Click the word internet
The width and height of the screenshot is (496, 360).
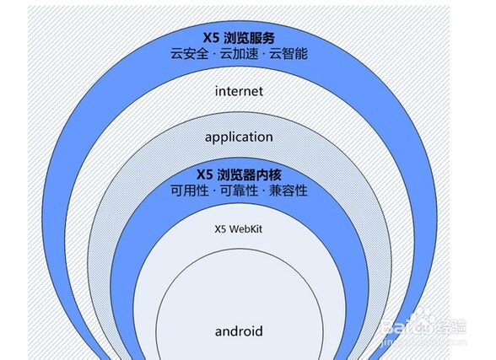tap(239, 91)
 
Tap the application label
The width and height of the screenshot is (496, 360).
tap(239, 137)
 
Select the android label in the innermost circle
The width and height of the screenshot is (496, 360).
tap(239, 331)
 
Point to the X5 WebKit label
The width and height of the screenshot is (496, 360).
tap(239, 228)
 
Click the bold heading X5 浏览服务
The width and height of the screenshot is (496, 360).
tap(239, 38)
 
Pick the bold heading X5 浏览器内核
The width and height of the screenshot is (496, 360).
tap(239, 175)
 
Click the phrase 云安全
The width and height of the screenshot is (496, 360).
tap(190, 53)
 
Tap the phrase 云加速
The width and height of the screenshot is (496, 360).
tap(240, 53)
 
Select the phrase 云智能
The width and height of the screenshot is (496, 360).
tap(288, 53)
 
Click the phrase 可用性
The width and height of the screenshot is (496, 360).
tap(190, 191)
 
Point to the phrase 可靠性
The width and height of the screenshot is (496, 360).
tap(240, 191)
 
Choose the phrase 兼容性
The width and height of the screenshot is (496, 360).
tap(288, 191)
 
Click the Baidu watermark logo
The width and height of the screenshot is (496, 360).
tap(423, 325)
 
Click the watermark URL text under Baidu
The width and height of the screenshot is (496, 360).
tap(423, 341)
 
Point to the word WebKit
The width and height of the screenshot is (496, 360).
tap(245, 228)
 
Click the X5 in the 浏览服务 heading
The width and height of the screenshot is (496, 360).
tap(211, 38)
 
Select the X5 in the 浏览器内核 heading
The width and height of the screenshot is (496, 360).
tap(205, 175)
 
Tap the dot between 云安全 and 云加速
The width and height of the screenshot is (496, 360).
tap(214, 54)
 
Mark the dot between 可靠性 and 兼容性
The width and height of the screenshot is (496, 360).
tap(264, 191)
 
